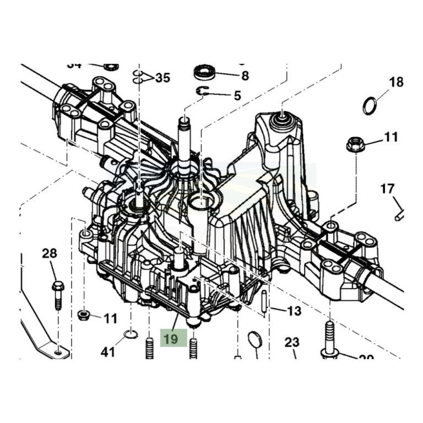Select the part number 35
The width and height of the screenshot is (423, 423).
[x=162, y=78]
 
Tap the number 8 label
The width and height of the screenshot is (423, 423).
[x=245, y=75]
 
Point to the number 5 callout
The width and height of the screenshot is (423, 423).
[x=237, y=95]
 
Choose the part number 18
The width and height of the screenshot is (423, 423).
[x=396, y=83]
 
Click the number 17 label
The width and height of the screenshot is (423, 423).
[x=387, y=189]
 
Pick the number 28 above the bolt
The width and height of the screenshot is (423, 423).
[x=50, y=253]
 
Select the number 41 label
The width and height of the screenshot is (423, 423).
[x=108, y=351]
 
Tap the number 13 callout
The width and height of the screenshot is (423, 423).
[x=294, y=311]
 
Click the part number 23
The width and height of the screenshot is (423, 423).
[x=291, y=342]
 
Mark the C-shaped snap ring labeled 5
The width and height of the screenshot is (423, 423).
[x=203, y=92]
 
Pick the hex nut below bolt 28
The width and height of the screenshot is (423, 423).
[x=84, y=315]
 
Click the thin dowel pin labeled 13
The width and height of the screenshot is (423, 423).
[x=266, y=302]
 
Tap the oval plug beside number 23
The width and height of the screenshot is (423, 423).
[x=254, y=339]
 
